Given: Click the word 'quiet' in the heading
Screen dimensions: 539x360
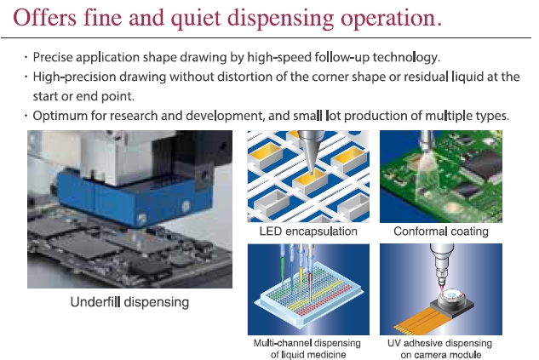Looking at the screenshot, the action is coord(196,18).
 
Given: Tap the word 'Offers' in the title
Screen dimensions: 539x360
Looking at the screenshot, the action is coord(44,17).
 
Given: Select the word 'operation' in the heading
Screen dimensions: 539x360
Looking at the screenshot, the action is coord(388,19).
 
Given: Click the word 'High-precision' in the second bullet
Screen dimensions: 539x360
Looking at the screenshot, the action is coord(74,77).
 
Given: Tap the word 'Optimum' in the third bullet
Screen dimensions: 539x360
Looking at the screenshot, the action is coord(60,116).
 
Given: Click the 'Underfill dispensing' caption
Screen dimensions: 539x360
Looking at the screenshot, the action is coord(129,302).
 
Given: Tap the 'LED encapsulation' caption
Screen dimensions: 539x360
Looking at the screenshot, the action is coord(308,231).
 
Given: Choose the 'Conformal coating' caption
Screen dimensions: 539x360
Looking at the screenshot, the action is coord(441,231).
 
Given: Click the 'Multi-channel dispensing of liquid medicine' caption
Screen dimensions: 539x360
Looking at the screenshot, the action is coord(307,348).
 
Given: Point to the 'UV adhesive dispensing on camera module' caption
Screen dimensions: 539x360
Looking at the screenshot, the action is coord(440,348).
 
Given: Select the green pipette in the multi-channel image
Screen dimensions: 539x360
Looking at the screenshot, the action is coord(283,266).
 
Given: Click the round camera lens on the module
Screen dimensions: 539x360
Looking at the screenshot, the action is coord(452,296).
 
